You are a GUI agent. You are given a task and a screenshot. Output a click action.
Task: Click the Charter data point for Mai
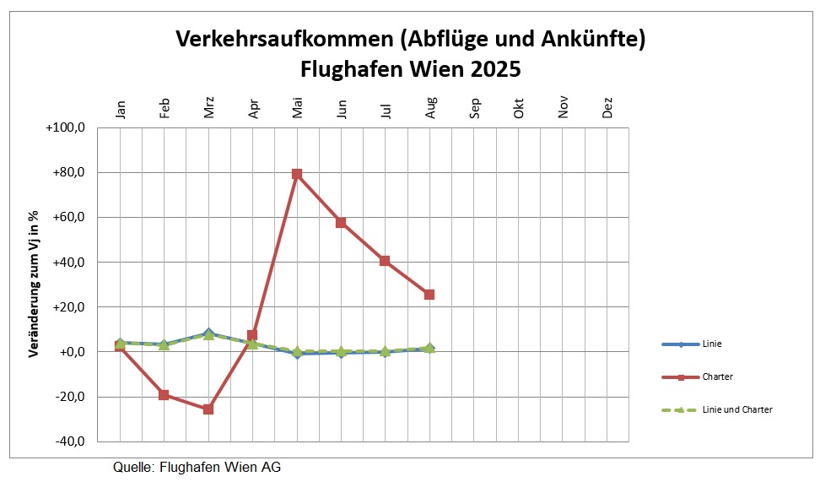click(297, 174)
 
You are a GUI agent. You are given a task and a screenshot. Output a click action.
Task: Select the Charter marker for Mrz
click(208, 409)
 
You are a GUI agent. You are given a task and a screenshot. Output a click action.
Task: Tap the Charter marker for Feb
click(165, 395)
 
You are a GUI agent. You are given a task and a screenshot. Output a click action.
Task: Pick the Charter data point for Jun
click(341, 223)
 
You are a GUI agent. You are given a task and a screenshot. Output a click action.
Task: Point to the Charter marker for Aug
click(429, 295)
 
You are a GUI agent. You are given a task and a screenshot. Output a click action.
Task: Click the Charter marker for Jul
click(385, 261)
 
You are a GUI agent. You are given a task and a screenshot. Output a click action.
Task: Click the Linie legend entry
click(710, 344)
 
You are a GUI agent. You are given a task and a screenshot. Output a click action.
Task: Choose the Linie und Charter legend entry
click(736, 409)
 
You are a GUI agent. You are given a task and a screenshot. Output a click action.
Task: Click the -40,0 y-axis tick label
click(71, 441)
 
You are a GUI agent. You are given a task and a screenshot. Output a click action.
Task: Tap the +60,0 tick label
click(71, 218)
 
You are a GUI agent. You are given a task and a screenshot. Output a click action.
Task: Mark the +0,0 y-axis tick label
click(73, 352)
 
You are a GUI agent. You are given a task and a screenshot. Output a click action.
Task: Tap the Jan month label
click(120, 109)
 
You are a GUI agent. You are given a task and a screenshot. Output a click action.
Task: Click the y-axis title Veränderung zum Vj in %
click(35, 284)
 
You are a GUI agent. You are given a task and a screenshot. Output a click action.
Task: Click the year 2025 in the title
click(495, 68)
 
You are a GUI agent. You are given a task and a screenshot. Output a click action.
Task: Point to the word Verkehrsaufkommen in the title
click(283, 39)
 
